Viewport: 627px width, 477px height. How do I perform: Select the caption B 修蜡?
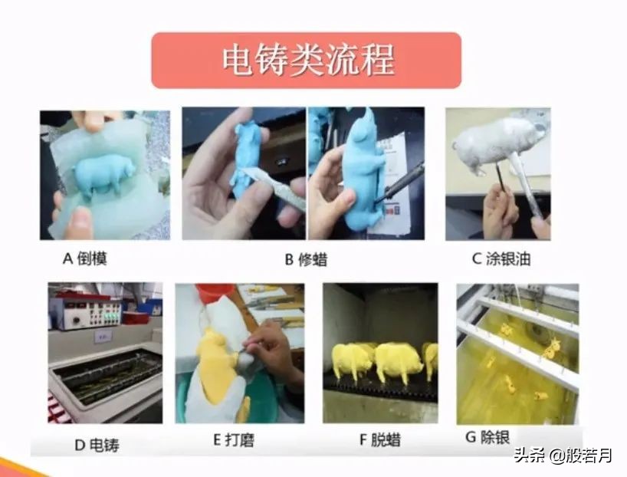click(306, 259)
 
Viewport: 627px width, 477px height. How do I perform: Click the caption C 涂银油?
click(501, 258)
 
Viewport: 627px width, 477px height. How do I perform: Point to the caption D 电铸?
click(95, 444)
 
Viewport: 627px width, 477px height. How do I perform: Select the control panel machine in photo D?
click(85, 312)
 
